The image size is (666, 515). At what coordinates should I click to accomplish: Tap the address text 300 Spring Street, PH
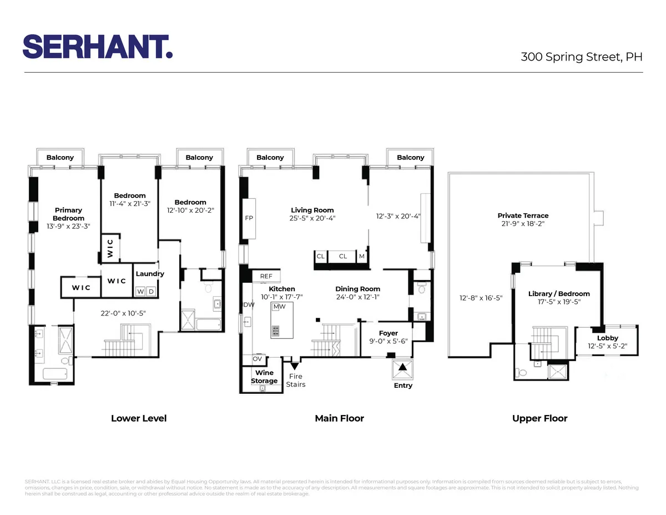(x=581, y=57)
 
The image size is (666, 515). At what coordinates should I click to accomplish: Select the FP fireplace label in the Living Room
(x=249, y=218)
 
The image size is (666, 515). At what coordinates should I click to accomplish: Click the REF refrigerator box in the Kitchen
(x=266, y=276)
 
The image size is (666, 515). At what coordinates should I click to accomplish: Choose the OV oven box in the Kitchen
(x=258, y=359)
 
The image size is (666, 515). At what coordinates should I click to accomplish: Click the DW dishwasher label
(x=249, y=304)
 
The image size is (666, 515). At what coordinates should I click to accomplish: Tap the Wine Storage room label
(x=264, y=377)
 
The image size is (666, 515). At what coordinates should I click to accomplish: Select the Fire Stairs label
(x=295, y=381)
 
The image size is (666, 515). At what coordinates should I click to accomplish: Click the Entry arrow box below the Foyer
(x=403, y=368)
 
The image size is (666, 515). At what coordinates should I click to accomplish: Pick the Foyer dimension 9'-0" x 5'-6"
(x=388, y=342)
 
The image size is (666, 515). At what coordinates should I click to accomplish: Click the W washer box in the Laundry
(x=140, y=291)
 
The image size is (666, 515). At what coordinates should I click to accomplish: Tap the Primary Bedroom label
(x=68, y=214)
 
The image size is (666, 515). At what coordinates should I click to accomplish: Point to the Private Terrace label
(x=523, y=216)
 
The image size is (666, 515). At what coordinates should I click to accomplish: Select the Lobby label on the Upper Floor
(x=607, y=338)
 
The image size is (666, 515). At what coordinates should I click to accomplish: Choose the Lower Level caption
(x=139, y=418)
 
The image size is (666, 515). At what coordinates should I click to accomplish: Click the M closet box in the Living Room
(x=362, y=256)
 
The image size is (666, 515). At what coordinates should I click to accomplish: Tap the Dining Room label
(x=357, y=289)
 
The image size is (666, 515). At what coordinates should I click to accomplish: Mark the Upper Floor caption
(x=539, y=418)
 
